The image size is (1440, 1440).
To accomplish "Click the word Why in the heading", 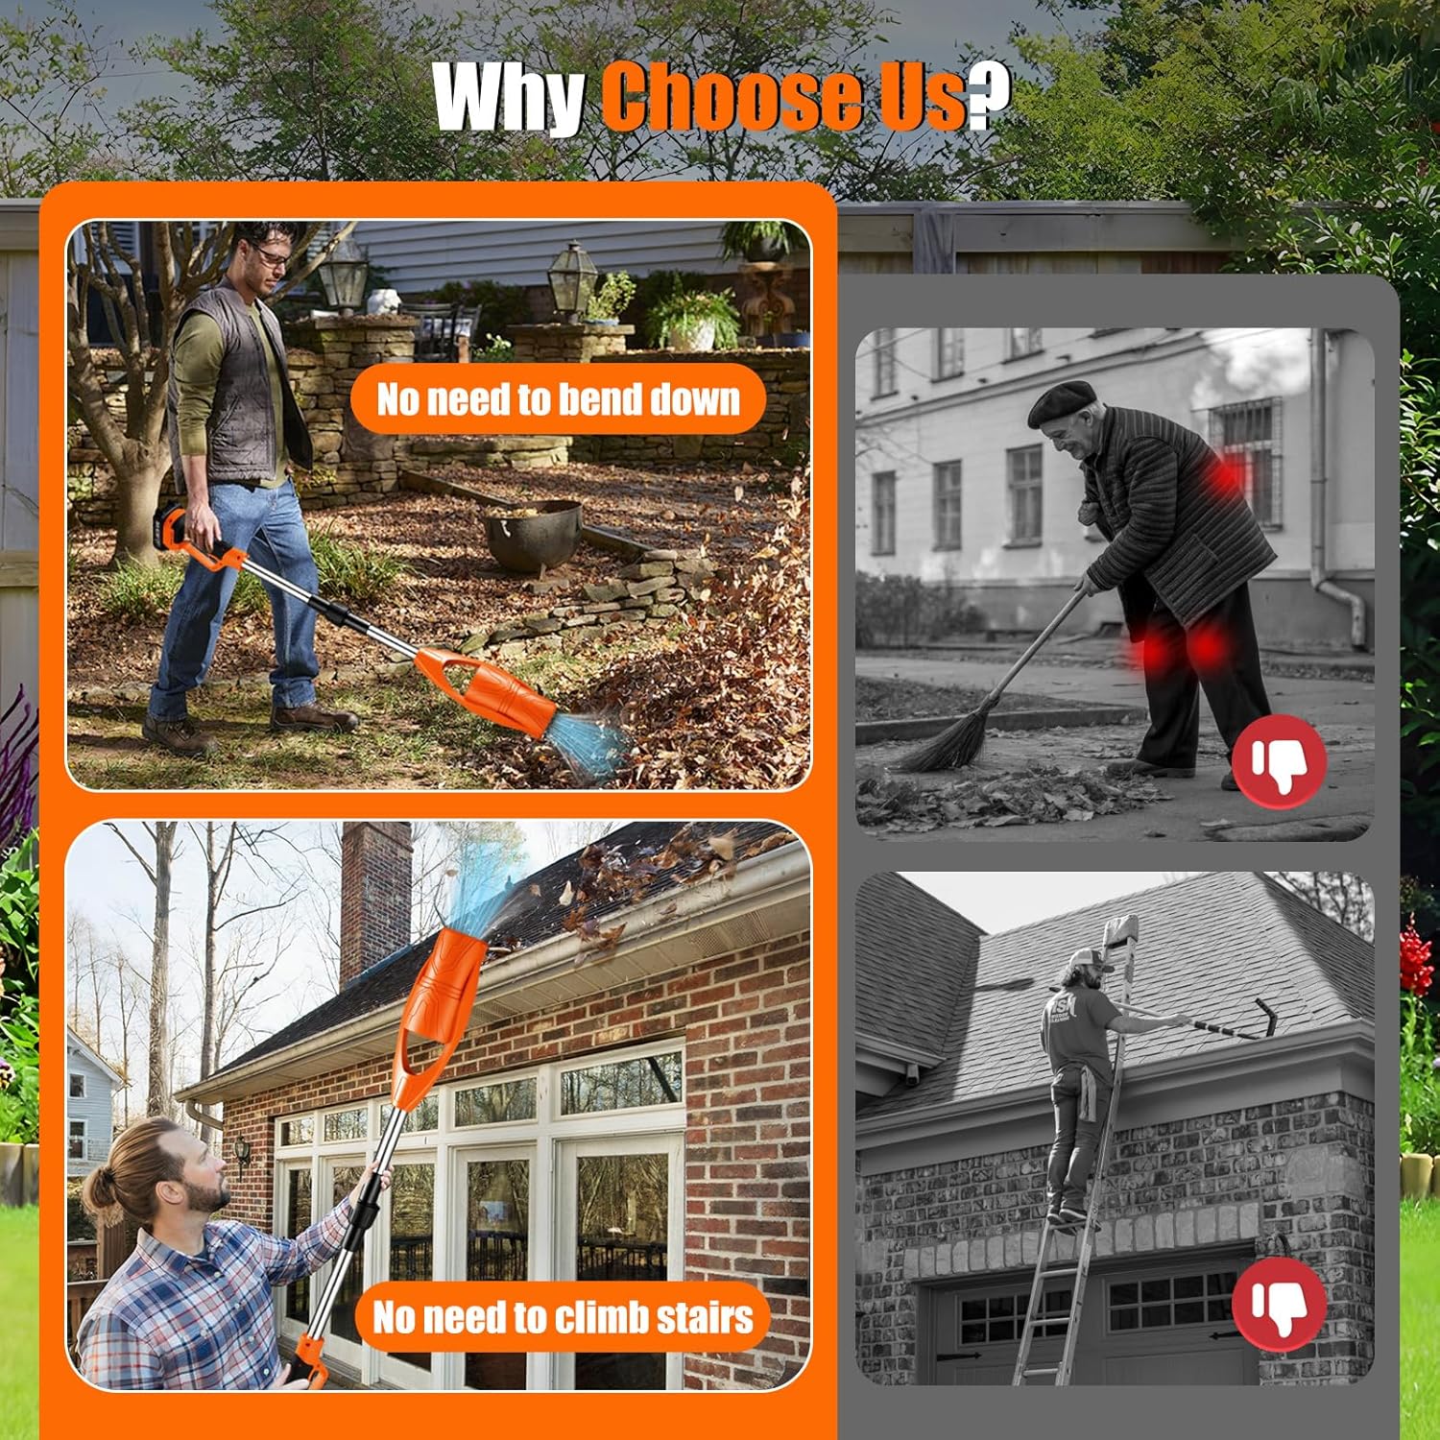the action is [510, 96].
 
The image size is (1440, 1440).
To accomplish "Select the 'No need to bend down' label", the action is [558, 398].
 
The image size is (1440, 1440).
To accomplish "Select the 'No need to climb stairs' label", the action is [563, 1316].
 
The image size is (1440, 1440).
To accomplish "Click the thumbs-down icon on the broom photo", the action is [1279, 761].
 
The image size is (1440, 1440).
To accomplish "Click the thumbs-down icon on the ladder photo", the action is [1279, 1304].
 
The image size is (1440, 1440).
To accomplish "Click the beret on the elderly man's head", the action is [1062, 401].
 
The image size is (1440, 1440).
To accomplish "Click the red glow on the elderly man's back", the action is [1224, 475].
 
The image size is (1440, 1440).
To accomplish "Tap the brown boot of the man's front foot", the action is [314, 717].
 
